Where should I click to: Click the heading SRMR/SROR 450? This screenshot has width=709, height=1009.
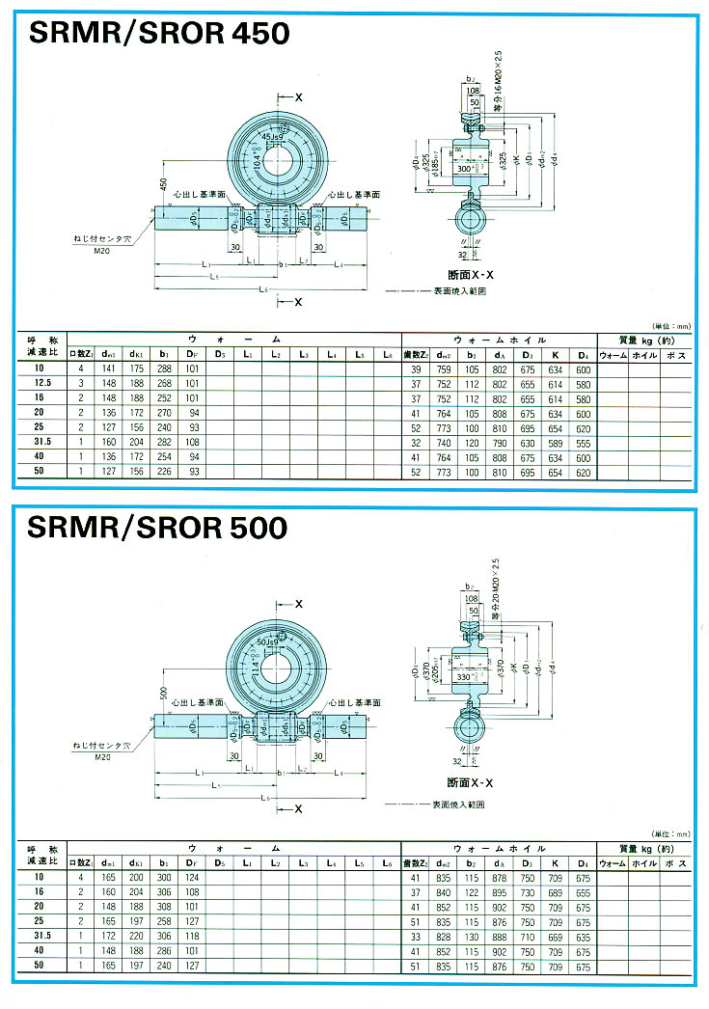[159, 35]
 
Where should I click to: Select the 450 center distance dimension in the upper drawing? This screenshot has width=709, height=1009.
[163, 185]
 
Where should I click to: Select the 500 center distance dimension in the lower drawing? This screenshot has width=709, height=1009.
[163, 692]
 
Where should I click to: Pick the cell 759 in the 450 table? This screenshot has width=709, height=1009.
[446, 369]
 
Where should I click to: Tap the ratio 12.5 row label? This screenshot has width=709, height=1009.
[40, 383]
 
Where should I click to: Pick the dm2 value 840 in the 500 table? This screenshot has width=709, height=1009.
[446, 892]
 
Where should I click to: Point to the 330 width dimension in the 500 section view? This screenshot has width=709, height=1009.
[466, 677]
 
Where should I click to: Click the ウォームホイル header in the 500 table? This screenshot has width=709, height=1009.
[500, 847]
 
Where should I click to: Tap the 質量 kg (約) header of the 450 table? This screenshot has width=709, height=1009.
[643, 340]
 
